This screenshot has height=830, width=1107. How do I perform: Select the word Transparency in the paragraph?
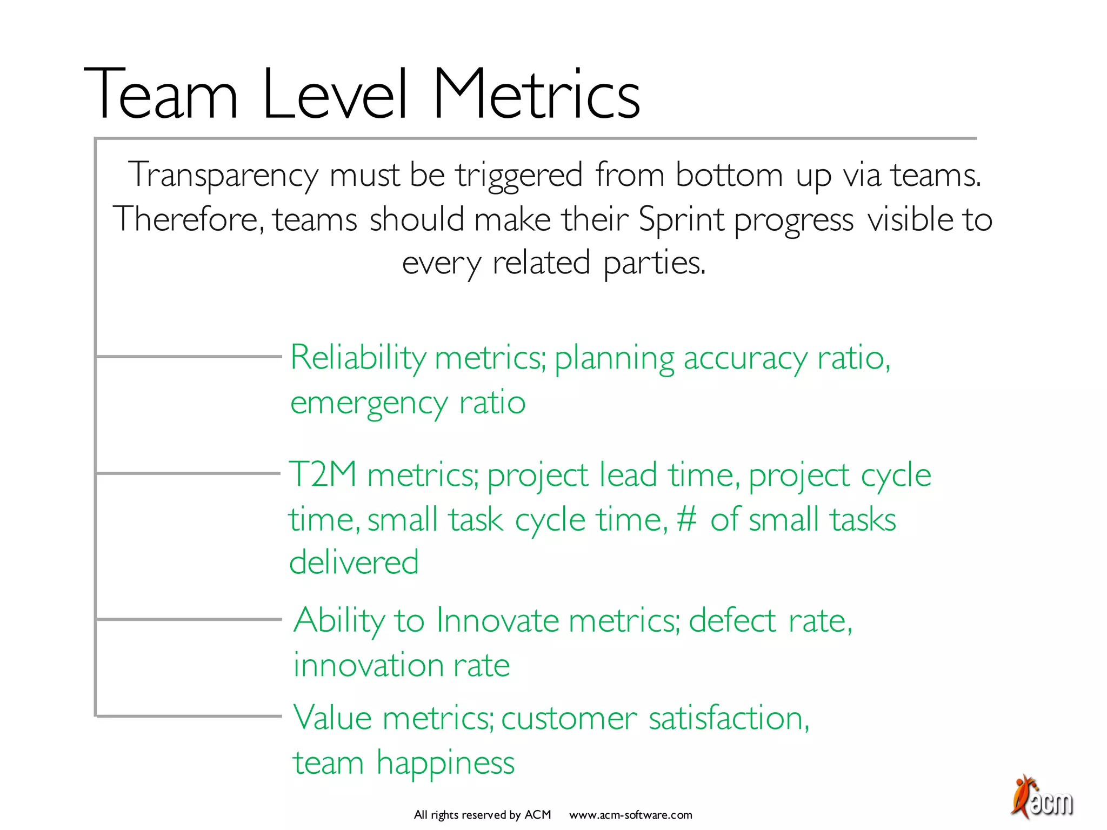pos(223,176)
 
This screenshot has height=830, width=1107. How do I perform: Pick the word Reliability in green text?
pos(358,358)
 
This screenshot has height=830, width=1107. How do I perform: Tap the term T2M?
pos(322,474)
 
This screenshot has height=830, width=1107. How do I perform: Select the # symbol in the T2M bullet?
pos(686,519)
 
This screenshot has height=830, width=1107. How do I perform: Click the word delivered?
pos(354,562)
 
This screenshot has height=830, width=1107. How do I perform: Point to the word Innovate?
pos(497,620)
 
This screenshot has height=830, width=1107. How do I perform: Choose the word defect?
pos(732,620)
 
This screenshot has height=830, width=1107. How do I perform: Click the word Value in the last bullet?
pos(332,718)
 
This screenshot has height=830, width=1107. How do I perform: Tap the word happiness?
pos(445,764)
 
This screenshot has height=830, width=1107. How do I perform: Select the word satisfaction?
pos(729,718)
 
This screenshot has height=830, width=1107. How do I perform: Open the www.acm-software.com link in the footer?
pos(630,815)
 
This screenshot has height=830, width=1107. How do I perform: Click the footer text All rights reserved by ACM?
pos(482,815)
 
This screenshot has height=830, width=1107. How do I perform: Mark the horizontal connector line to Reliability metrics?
pos(189,357)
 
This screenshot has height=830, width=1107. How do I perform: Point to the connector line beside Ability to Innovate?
pos(189,619)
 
